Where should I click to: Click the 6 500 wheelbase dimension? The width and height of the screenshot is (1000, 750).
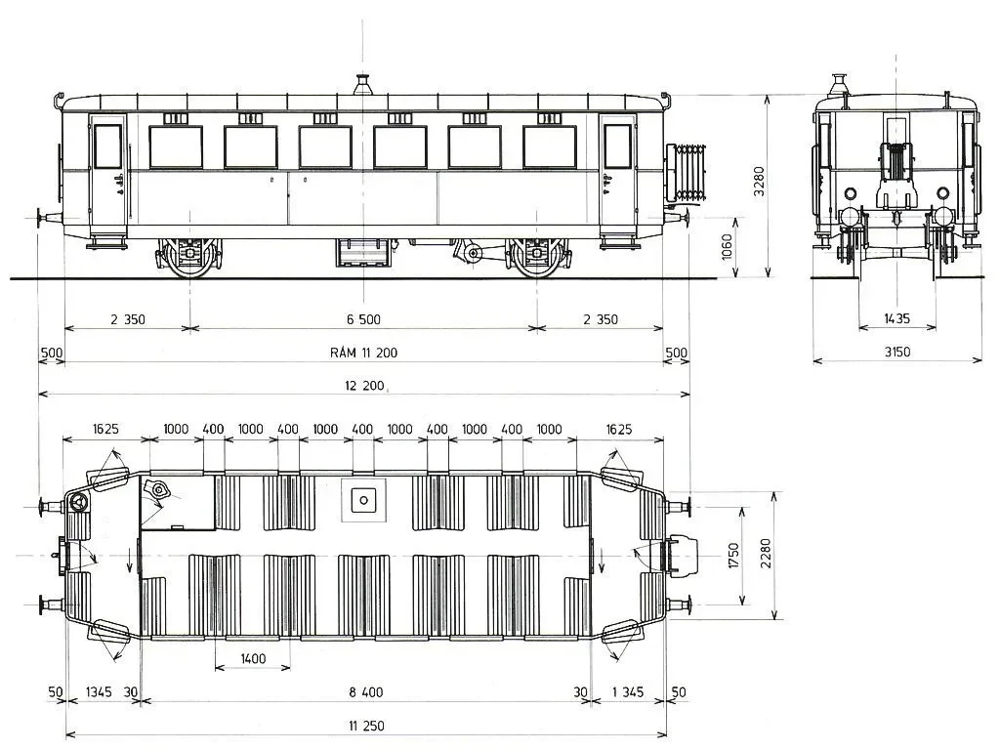point(363,319)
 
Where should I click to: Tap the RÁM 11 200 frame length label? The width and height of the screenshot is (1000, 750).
point(363,353)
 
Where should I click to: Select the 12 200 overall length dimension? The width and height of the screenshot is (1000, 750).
point(364,385)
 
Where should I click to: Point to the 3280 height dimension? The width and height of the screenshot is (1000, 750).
point(759,181)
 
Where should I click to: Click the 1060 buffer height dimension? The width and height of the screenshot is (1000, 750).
point(727,247)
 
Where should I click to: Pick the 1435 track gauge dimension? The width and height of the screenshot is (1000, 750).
point(896,318)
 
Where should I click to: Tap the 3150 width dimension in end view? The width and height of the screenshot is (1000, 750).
point(896,352)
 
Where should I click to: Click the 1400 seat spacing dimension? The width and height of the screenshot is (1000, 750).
point(253,658)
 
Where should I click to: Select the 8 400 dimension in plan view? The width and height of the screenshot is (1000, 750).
point(365,692)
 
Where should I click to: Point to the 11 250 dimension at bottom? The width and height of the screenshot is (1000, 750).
point(366,726)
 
